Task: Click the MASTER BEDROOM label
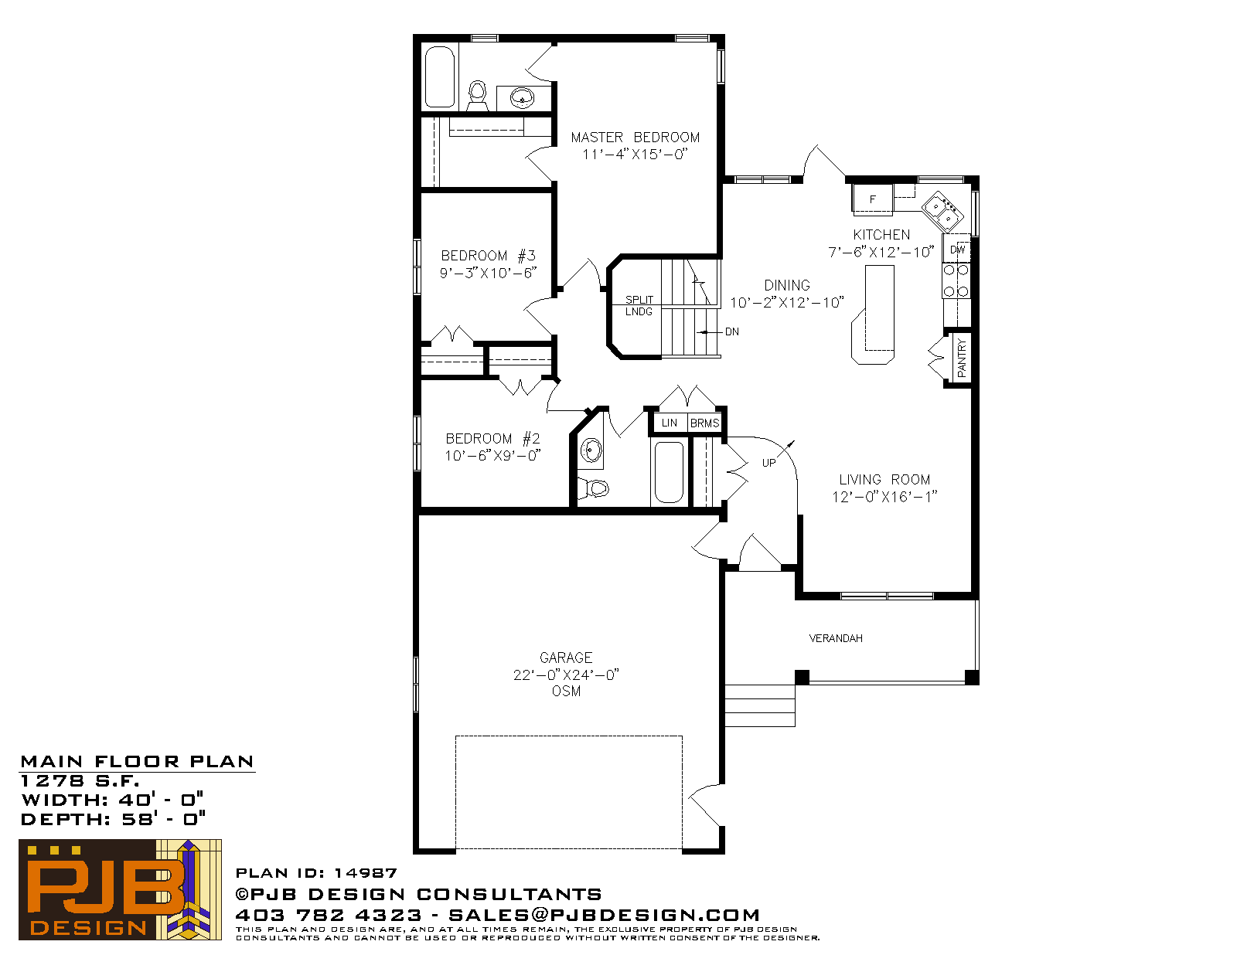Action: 636,138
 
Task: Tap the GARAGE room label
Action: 566,658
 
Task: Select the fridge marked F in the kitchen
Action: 872,199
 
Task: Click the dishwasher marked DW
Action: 957,249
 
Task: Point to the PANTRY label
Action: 962,358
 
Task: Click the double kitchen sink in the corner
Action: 942,212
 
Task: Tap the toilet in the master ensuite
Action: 477,96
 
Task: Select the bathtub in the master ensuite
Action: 439,76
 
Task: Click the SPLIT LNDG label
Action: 639,305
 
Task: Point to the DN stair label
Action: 732,331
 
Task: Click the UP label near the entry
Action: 768,463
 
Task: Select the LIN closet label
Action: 669,423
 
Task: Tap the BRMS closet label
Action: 705,423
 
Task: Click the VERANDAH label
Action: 836,638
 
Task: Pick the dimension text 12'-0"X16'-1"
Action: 884,497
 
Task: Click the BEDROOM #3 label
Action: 488,256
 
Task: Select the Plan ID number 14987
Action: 366,872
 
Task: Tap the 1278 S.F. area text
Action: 80,780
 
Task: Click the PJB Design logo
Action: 120,889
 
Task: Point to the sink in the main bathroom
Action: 591,451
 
